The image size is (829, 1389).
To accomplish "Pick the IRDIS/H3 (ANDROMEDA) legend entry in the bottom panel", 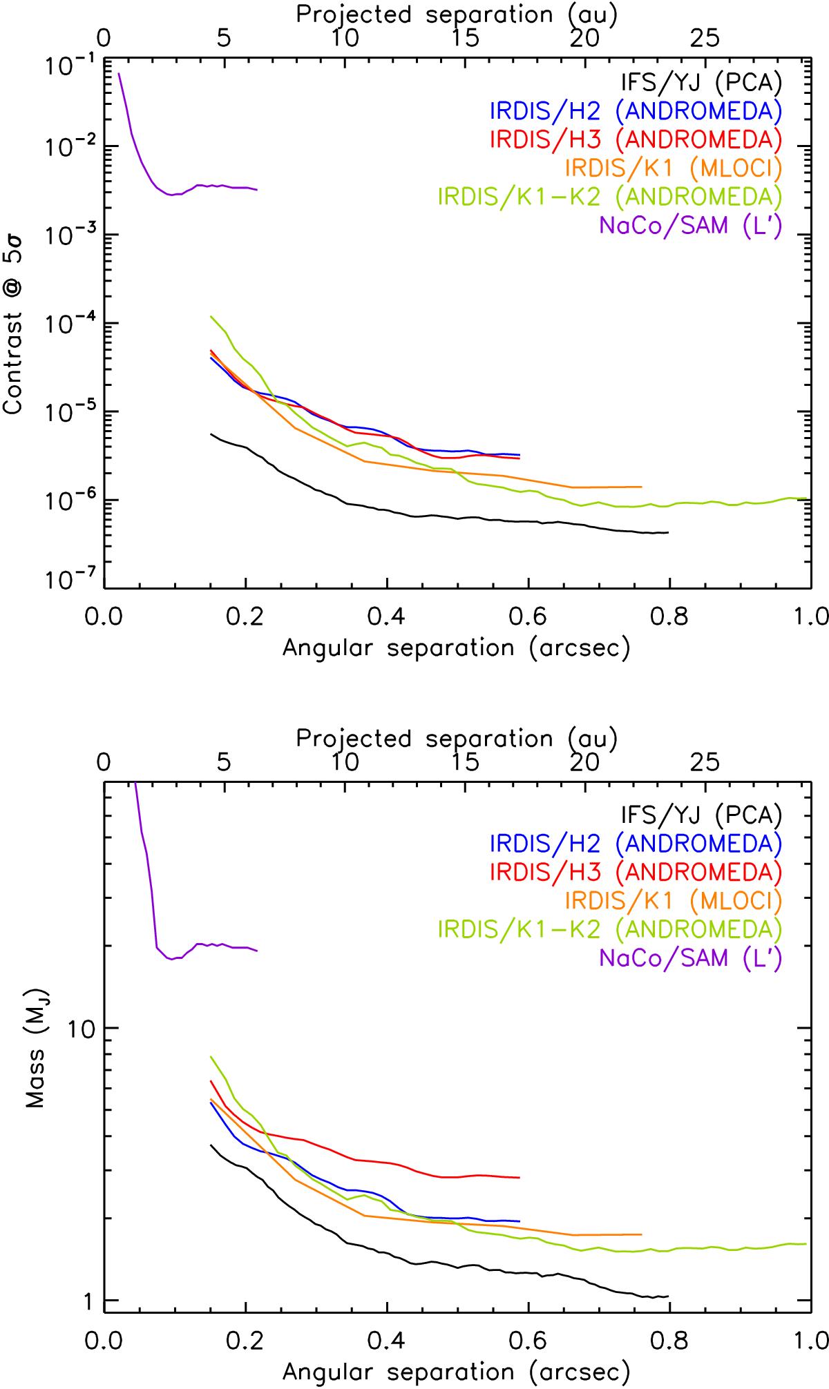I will pyautogui.click(x=636, y=872).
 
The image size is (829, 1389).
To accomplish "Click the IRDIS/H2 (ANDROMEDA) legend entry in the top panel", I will pyautogui.click(x=636, y=110).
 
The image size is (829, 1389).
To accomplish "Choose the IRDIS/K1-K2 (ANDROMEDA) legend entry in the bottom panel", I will pyautogui.click(x=610, y=929).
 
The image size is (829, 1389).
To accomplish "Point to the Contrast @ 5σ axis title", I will pyautogui.click(x=15, y=345).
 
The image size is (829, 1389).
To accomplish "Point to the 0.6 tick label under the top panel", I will pyautogui.click(x=528, y=616).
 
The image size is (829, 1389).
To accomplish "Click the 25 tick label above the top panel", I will pyautogui.click(x=705, y=39).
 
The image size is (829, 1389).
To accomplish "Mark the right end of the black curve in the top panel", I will pyautogui.click(x=668, y=532).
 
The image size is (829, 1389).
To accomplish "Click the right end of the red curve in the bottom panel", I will pyautogui.click(x=519, y=1178).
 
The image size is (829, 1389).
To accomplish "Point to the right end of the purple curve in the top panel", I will pyautogui.click(x=257, y=190).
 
